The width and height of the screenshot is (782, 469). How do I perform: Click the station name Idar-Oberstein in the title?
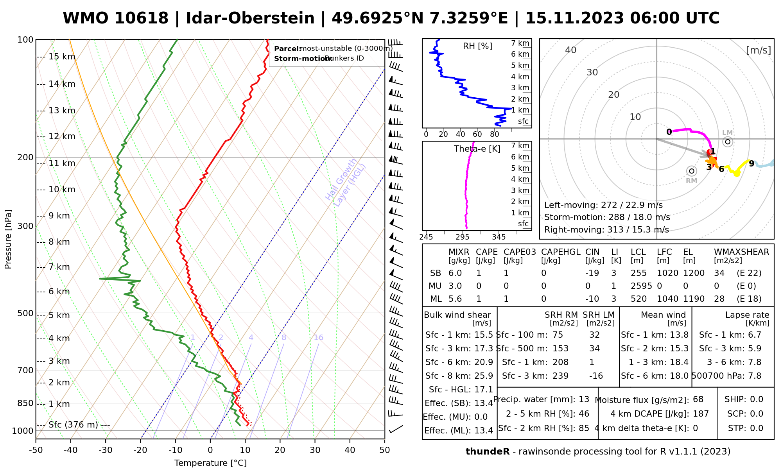coord(250,18)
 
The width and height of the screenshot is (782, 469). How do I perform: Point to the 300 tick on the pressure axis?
coord(25,226)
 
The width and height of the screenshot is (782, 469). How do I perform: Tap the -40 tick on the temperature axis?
coord(71,450)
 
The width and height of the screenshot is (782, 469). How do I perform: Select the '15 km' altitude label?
coord(62,57)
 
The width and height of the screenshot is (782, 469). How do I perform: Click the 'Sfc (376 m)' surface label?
coord(73,425)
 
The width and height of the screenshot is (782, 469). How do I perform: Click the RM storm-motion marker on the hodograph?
coord(692,171)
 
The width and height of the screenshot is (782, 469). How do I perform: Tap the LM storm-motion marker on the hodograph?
coord(727,142)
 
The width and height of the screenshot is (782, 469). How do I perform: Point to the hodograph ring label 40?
coord(571,50)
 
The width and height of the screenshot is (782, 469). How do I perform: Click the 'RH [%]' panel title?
coord(477,46)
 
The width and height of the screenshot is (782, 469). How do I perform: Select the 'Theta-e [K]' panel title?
coord(477,149)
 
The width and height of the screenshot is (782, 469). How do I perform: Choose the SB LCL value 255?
coord(639,273)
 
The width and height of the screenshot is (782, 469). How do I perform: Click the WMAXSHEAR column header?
coord(741,252)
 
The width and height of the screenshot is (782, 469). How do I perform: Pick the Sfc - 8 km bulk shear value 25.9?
coord(483,376)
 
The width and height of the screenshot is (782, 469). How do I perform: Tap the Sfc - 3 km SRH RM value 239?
coord(560,376)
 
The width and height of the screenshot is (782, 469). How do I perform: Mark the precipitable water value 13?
coord(584,399)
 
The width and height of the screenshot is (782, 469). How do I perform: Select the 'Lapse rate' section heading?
coord(747,315)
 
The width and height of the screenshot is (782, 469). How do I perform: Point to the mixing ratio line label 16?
coord(318,338)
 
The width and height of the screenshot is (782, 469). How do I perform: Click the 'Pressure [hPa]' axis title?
coord(8,239)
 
